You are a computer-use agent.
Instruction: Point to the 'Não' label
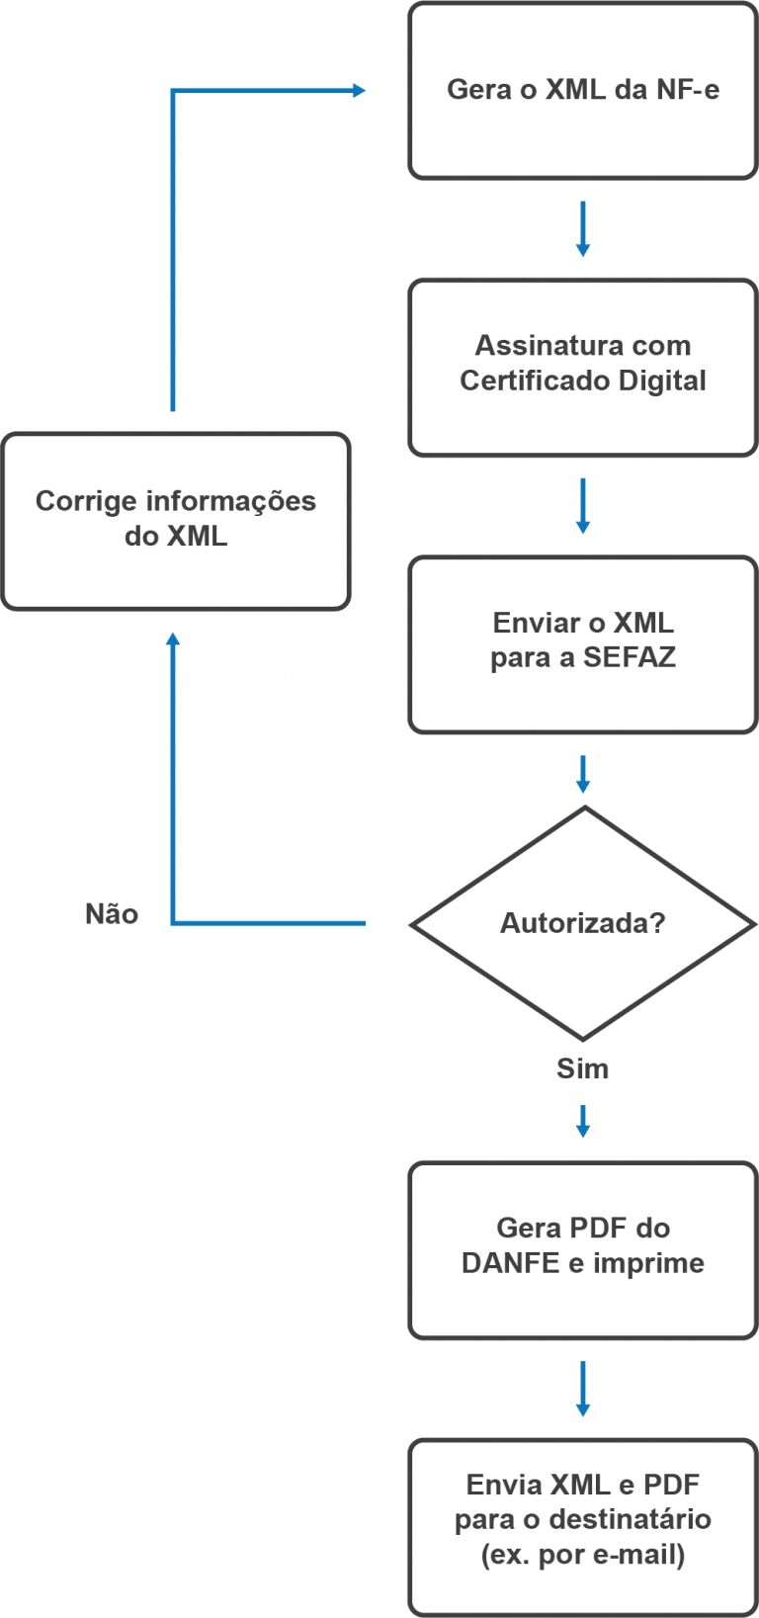112,914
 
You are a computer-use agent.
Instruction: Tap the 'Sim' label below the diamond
582,1068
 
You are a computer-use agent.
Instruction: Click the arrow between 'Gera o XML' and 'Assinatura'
582,229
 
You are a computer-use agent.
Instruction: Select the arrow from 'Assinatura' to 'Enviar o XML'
582,506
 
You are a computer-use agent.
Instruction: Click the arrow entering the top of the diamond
582,774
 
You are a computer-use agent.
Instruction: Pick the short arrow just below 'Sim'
582,1121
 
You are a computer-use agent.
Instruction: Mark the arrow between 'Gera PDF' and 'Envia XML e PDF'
582,1388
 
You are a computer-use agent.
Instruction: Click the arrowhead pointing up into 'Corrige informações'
173,640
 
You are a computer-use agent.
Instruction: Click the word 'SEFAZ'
629,658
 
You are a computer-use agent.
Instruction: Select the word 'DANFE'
510,1263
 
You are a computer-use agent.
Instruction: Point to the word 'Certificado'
535,382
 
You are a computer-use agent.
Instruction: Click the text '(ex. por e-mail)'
582,1555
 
